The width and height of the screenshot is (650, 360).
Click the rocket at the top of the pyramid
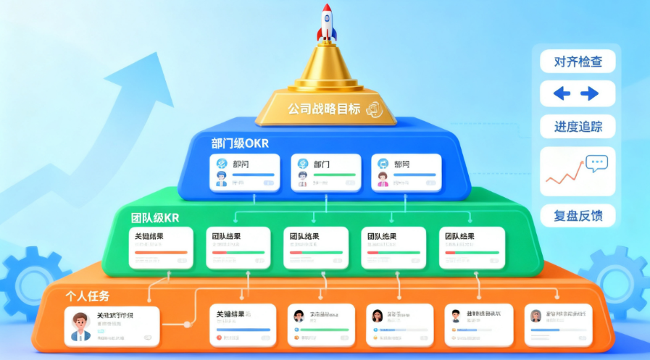coord(327,22)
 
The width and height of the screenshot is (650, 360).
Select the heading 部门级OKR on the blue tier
coord(240,143)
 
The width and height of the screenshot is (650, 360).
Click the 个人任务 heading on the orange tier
coord(87,296)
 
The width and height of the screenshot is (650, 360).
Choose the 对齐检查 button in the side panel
coord(578,61)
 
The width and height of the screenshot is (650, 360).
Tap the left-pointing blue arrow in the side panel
coord(562,93)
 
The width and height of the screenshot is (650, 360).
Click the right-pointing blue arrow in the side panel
coord(589,93)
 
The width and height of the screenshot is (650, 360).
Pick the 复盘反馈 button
coord(578,215)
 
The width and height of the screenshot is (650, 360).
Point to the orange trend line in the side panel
coord(566,176)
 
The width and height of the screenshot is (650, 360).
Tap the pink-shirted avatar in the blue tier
coord(382,178)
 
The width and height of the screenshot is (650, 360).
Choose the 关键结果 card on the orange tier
coord(242,325)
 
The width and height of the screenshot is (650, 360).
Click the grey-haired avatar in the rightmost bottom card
coord(536,316)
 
